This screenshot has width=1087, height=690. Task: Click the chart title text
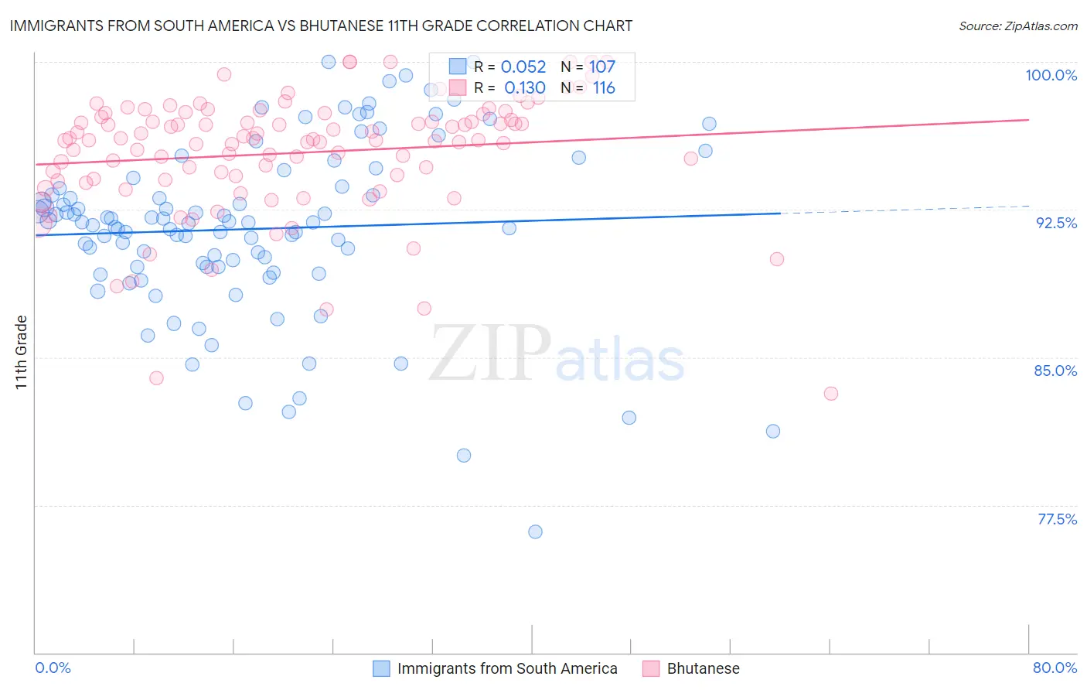click(x=321, y=26)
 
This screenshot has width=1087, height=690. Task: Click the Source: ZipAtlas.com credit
click(x=1017, y=26)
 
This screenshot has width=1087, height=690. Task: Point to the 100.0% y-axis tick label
click(x=1051, y=75)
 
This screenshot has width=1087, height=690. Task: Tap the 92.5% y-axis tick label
click(x=1056, y=223)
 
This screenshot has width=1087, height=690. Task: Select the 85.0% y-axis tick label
click(x=1055, y=371)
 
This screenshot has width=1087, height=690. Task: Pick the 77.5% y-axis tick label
click(x=1057, y=519)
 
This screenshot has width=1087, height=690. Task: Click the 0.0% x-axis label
click(x=53, y=668)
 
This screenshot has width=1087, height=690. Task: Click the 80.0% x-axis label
click(x=1055, y=668)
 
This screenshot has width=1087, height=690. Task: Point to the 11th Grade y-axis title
click(x=22, y=352)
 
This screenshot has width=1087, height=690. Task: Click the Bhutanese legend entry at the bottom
click(x=703, y=668)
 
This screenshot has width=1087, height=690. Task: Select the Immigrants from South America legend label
click(x=507, y=668)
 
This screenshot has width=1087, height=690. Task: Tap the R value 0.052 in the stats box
click(x=523, y=67)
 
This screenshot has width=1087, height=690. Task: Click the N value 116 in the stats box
click(x=604, y=88)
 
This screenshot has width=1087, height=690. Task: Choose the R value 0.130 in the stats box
click(x=525, y=88)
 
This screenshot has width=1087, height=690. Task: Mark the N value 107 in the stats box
click(x=602, y=67)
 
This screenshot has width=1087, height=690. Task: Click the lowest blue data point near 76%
click(x=535, y=531)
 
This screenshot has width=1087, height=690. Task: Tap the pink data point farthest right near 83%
click(x=831, y=393)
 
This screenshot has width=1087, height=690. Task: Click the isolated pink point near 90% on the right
click(x=777, y=259)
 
